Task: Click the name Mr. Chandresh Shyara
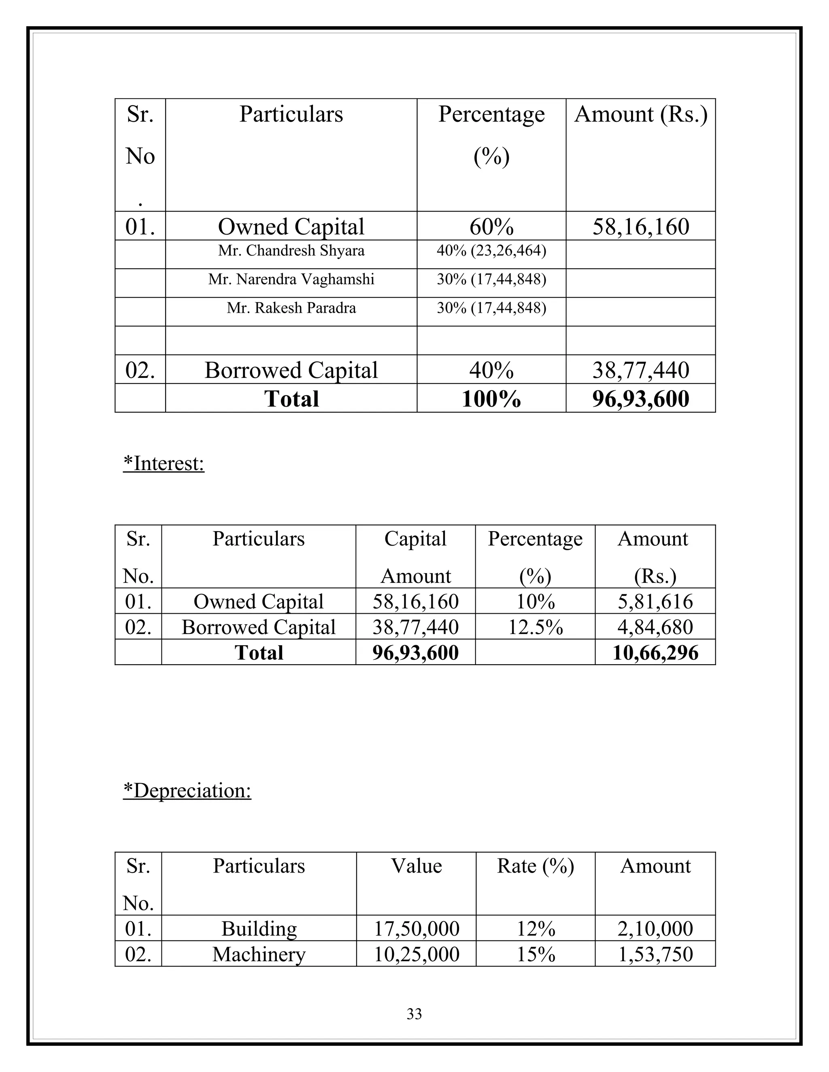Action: (291, 251)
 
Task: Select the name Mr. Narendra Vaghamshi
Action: (291, 279)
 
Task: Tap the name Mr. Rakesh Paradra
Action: (291, 308)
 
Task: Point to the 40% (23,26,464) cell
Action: (491, 251)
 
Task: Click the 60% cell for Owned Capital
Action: (491, 227)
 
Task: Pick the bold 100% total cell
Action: (491, 398)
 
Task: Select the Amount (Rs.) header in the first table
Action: (640, 114)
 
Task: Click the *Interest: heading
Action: (164, 463)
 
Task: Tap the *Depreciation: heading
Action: (187, 791)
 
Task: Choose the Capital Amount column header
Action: (415, 557)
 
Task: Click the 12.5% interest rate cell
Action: (535, 627)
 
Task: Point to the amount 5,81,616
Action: (655, 602)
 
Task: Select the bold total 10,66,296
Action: (655, 653)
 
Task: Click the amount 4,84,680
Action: (655, 627)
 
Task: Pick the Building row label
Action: (259, 929)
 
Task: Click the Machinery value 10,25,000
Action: (417, 954)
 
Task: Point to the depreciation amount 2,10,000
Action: (655, 929)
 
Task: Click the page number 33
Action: (414, 1014)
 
